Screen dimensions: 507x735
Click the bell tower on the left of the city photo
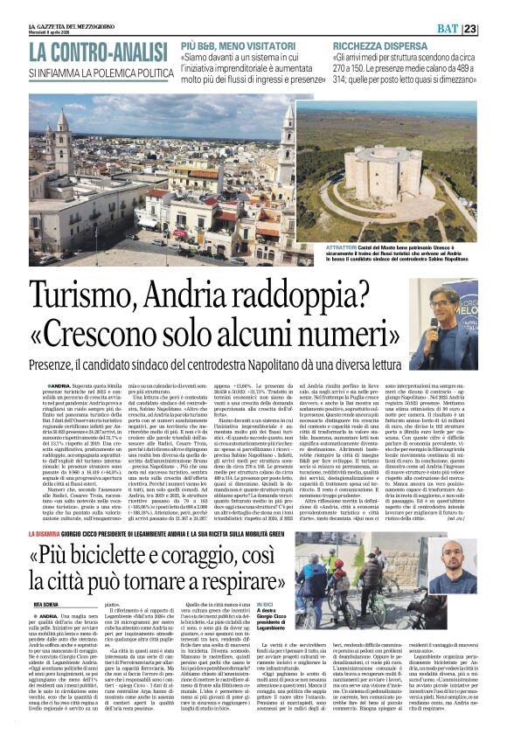coord(63,140)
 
